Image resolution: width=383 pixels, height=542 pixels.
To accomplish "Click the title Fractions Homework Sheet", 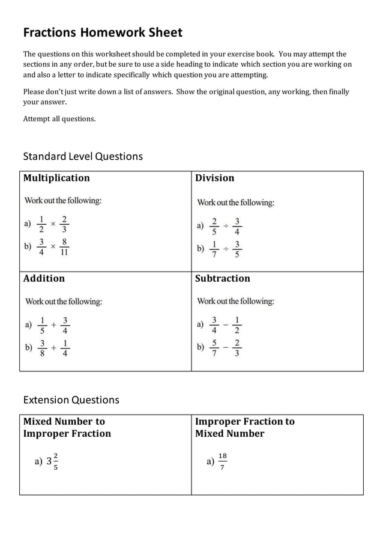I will pyautogui.click(x=103, y=32).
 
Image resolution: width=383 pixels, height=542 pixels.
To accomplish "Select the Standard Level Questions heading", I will pyautogui.click(x=83, y=156).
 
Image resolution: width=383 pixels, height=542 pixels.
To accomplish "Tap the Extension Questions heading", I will pyautogui.click(x=71, y=400).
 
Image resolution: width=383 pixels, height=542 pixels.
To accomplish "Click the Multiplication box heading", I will pyautogui.click(x=56, y=178).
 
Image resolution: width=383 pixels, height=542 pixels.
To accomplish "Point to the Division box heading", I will pyautogui.click(x=214, y=178).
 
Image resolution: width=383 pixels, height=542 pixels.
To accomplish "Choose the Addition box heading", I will pyautogui.click(x=44, y=278).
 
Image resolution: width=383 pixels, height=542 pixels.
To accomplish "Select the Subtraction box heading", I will pyautogui.click(x=222, y=278).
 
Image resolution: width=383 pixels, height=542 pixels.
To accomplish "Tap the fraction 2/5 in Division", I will pyautogui.click(x=214, y=226).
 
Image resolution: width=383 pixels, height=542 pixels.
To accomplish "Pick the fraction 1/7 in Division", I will pyautogui.click(x=214, y=249).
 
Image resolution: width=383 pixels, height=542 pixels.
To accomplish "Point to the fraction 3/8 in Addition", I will pyautogui.click(x=42, y=348).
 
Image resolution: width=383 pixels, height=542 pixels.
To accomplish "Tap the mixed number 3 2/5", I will pyautogui.click(x=52, y=461).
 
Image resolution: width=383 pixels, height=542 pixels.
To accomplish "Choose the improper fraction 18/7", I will pyautogui.click(x=222, y=461).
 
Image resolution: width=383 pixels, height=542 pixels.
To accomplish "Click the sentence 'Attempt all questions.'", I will pyautogui.click(x=59, y=119).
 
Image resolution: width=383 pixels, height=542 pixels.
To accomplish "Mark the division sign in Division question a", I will pyautogui.click(x=226, y=226).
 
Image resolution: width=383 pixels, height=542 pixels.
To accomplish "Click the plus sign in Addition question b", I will pyautogui.click(x=53, y=348).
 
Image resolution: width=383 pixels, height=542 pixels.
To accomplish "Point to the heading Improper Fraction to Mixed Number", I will pyautogui.click(x=244, y=427).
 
